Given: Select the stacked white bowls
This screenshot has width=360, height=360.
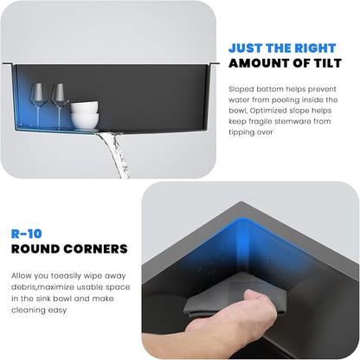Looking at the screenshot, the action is (85, 114).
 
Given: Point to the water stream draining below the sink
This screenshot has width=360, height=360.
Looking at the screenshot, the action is (115, 154).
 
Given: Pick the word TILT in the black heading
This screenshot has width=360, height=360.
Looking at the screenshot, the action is (327, 63).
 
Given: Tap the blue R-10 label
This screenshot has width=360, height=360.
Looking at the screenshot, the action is (27, 234).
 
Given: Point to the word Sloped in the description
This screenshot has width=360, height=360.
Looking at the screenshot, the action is (241, 89).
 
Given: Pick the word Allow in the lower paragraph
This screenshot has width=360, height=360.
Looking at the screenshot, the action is (22, 276).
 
